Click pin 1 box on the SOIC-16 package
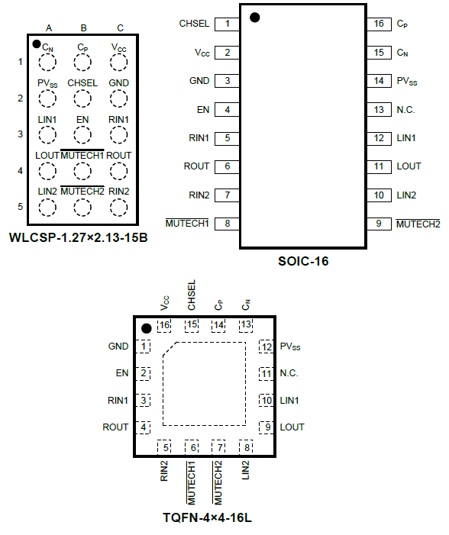point(227,24)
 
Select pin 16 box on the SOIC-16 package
point(379,24)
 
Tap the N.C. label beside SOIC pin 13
point(405,110)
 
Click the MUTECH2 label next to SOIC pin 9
point(418,224)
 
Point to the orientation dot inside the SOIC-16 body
point(255,18)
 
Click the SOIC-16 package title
point(303,261)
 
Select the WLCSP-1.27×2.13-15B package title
point(78,237)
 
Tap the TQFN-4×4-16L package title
point(207,518)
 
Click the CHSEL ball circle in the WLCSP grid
point(82,98)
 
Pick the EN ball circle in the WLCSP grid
point(82,134)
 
